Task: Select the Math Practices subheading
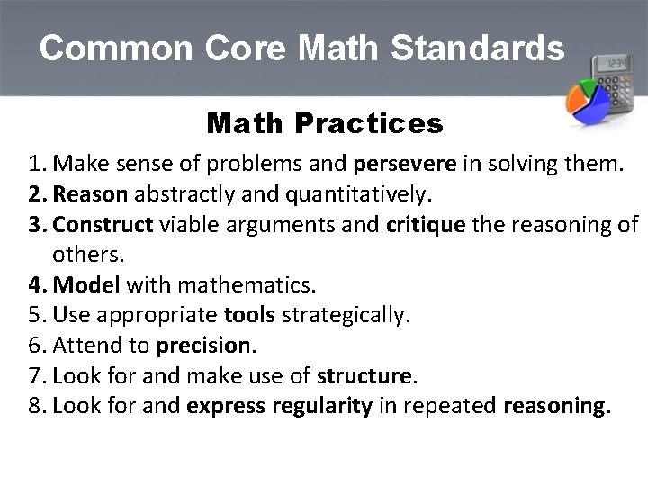tap(324, 123)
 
